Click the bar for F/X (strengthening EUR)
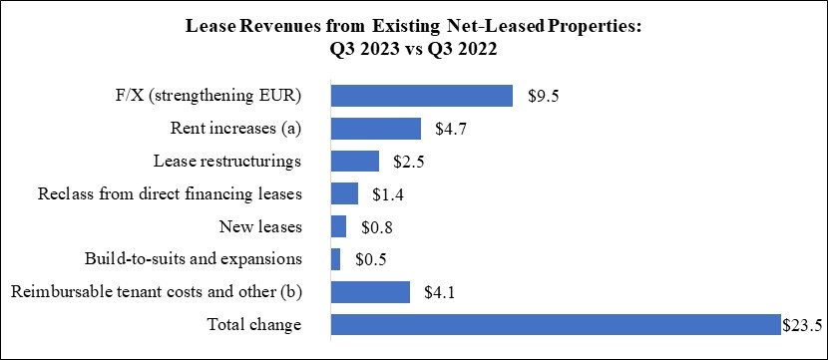click(421, 96)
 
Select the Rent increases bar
click(375, 129)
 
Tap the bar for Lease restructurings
click(354, 162)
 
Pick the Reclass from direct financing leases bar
click(344, 193)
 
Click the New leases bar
click(338, 226)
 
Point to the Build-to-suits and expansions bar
click(335, 259)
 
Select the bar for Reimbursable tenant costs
click(370, 291)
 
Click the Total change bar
click(555, 324)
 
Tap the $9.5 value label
click(541, 96)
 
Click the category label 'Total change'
click(253, 325)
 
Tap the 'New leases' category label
click(262, 227)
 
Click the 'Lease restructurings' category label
click(227, 162)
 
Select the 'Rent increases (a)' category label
click(237, 129)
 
